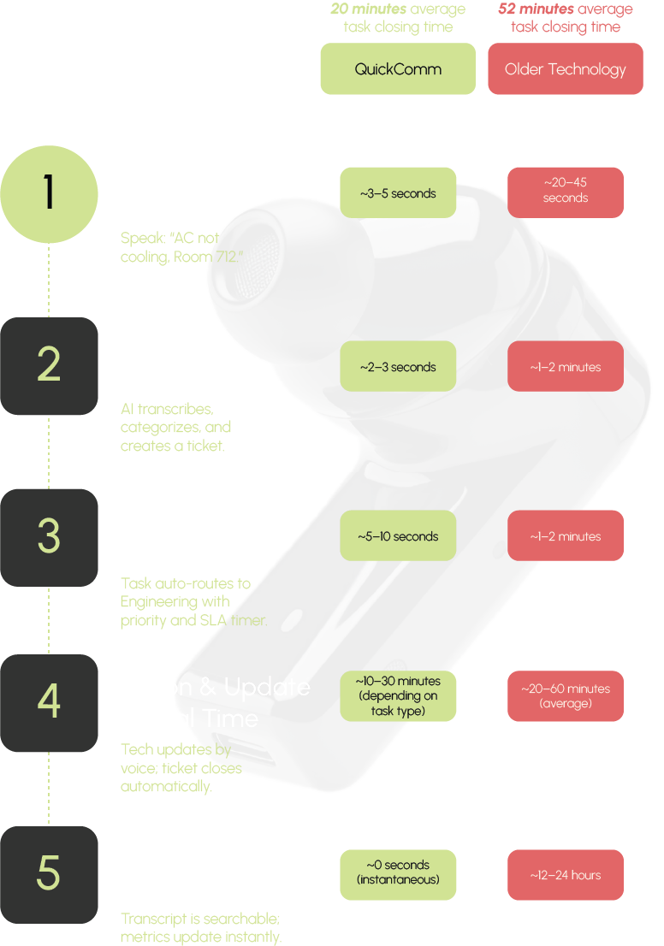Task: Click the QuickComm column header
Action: coord(398,69)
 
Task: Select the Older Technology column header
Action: coord(565,69)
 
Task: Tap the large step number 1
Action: coord(49,192)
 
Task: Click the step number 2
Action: coord(49,365)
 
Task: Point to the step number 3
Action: coord(49,536)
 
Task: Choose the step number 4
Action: coord(49,701)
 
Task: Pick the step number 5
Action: coord(49,873)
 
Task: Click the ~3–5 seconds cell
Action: coord(398,193)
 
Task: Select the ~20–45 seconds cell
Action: coord(565,190)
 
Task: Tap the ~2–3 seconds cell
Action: coord(398,367)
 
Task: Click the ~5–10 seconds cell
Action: coord(398,536)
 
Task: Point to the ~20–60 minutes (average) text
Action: coord(565,695)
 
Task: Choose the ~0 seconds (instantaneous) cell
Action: coord(398,872)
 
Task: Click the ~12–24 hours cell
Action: coord(565,875)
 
